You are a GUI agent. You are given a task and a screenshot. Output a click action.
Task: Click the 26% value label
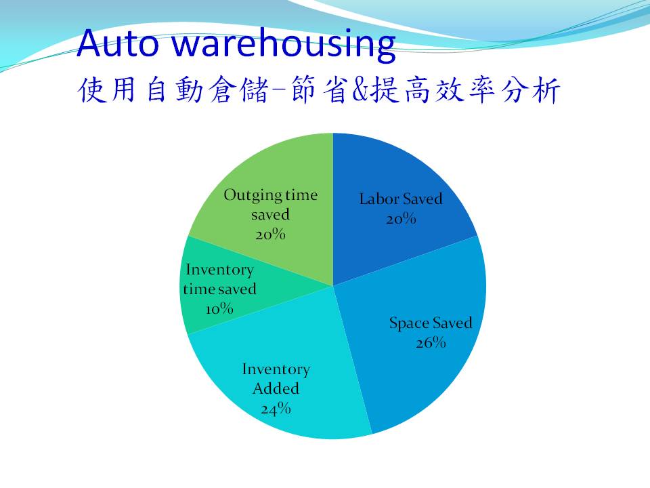pos(431,343)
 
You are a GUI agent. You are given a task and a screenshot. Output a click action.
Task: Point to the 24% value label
pos(276,409)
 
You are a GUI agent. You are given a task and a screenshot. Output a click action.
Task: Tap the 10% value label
pos(219,309)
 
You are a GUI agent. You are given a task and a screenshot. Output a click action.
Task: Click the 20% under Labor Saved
pos(401,219)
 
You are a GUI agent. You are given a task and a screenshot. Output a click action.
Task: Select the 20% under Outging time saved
pos(270,235)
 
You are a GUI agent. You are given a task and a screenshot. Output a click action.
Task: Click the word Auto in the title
pos(118,43)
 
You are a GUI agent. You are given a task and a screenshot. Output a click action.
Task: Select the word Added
pos(276,389)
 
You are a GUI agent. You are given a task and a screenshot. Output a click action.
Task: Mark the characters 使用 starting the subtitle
pos(106,89)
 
